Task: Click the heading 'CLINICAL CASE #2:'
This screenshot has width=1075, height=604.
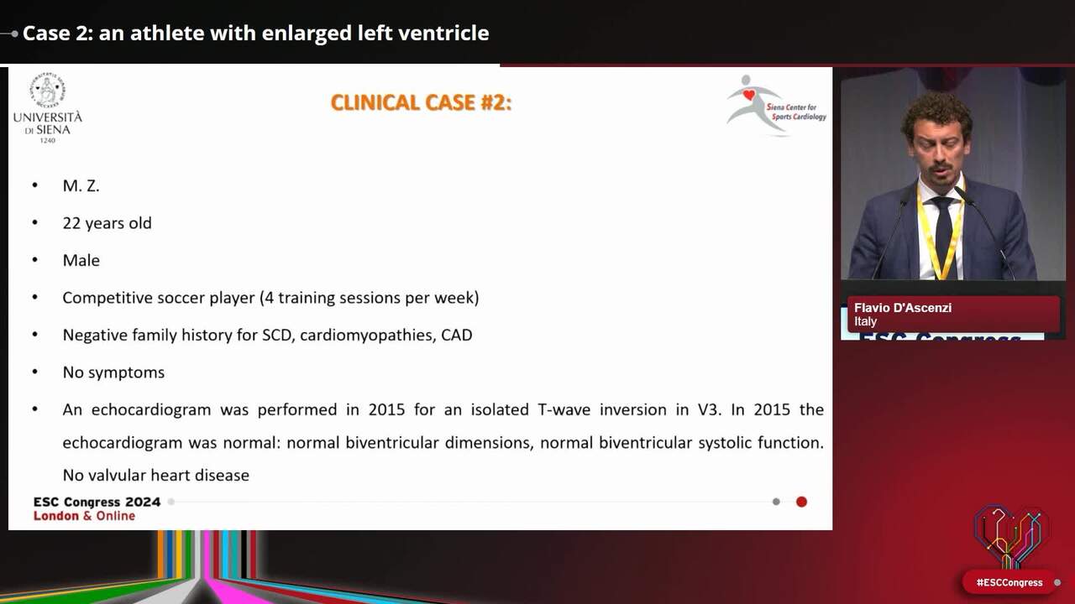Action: pyautogui.click(x=421, y=102)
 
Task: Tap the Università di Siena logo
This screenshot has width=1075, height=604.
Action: pyautogui.click(x=48, y=108)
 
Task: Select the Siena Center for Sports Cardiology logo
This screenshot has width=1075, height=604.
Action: pyautogui.click(x=775, y=105)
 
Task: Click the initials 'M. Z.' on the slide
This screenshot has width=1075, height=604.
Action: pyautogui.click(x=81, y=186)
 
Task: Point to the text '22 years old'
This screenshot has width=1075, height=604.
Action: pyautogui.click(x=107, y=223)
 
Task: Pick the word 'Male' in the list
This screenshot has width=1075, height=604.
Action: pyautogui.click(x=81, y=260)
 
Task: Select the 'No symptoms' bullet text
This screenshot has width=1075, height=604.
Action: pyautogui.click(x=113, y=372)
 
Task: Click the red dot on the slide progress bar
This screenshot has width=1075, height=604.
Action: pyautogui.click(x=801, y=502)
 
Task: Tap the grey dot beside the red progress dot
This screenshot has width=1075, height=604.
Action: pyautogui.click(x=776, y=502)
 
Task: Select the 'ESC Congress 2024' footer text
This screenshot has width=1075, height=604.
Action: pyautogui.click(x=97, y=502)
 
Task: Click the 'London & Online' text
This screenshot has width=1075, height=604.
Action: pyautogui.click(x=84, y=516)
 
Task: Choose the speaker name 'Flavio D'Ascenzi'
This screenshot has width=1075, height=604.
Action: pyautogui.click(x=902, y=308)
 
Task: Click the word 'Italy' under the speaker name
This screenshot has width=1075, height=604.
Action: pyautogui.click(x=865, y=321)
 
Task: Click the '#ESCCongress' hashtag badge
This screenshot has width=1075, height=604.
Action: pyautogui.click(x=1009, y=582)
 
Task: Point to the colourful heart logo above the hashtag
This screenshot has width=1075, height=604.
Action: pyautogui.click(x=1011, y=536)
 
